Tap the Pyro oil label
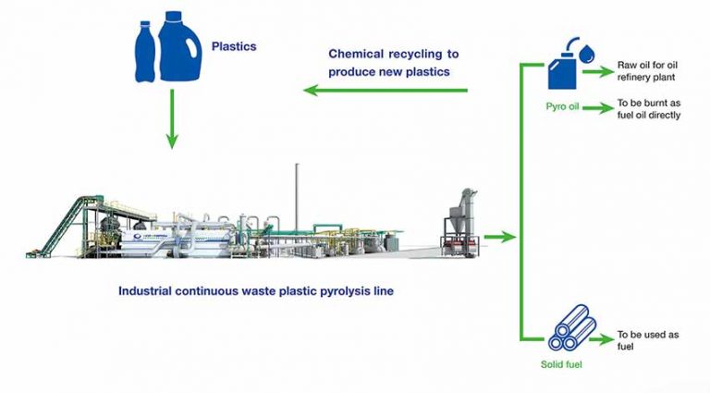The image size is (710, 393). pos(563,107)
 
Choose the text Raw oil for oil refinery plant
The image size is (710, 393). pos(650,74)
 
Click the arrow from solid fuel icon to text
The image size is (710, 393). pos(602,336)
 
